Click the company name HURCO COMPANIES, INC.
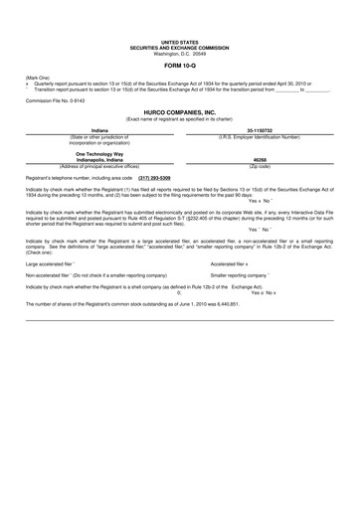pos(179,113)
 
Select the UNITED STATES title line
pos(179,43)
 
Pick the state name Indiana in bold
pos(98,130)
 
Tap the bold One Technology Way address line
pos(98,153)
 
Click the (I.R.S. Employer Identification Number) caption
pos(259,136)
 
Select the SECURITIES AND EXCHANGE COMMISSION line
pos(179,48)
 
